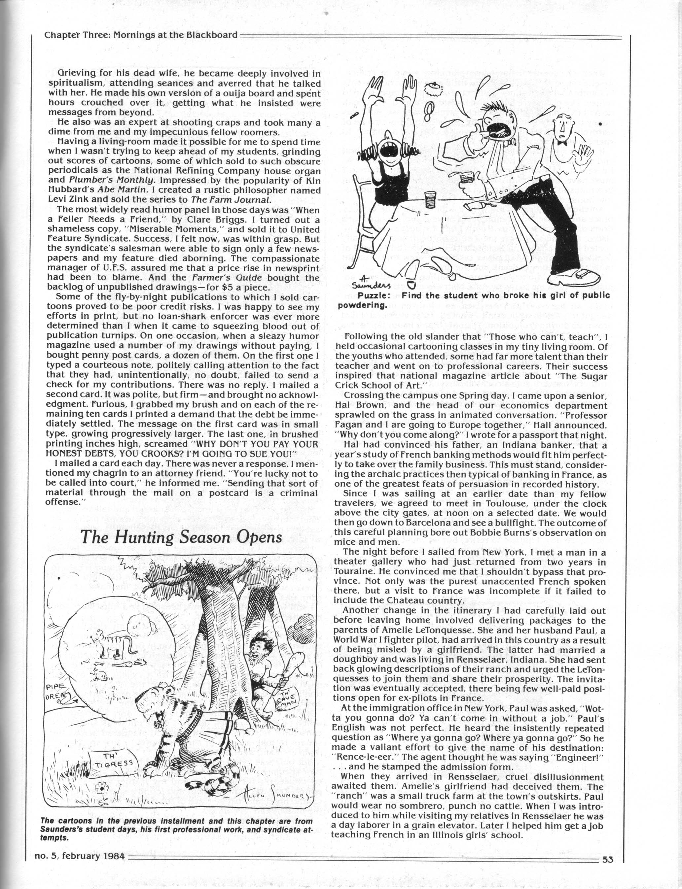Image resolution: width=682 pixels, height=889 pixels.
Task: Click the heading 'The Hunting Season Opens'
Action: click(181, 537)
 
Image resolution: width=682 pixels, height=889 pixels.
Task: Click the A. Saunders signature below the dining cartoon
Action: click(365, 277)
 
